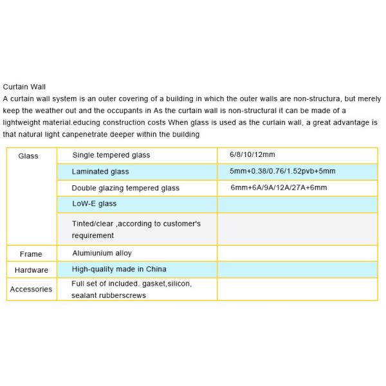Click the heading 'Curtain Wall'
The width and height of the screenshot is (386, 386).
pos(24,87)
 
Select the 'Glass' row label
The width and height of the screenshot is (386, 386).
pos(28,156)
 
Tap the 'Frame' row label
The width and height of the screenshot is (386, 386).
pos(31,254)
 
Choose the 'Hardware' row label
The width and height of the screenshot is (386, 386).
pos(31,270)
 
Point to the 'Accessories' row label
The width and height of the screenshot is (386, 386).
pos(31,289)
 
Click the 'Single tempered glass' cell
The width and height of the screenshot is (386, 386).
pos(111,155)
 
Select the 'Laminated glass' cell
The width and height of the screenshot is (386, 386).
pos(100,172)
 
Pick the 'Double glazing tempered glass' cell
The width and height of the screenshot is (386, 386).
pos(125,188)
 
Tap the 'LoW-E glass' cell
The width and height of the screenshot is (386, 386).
pos(95,203)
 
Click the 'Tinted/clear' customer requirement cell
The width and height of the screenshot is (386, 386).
pos(136,230)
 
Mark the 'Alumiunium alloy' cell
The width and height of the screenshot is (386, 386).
pos(102,253)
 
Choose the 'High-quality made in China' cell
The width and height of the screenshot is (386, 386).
pos(119,269)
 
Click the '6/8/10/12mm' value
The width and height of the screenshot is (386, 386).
pos(252,155)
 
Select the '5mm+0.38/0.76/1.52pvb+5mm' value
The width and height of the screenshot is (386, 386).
pos(282,172)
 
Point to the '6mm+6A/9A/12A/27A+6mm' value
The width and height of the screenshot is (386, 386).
pos(279,188)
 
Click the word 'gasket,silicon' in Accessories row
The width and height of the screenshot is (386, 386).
pos(169,283)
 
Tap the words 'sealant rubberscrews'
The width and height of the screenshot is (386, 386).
pos(109,295)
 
